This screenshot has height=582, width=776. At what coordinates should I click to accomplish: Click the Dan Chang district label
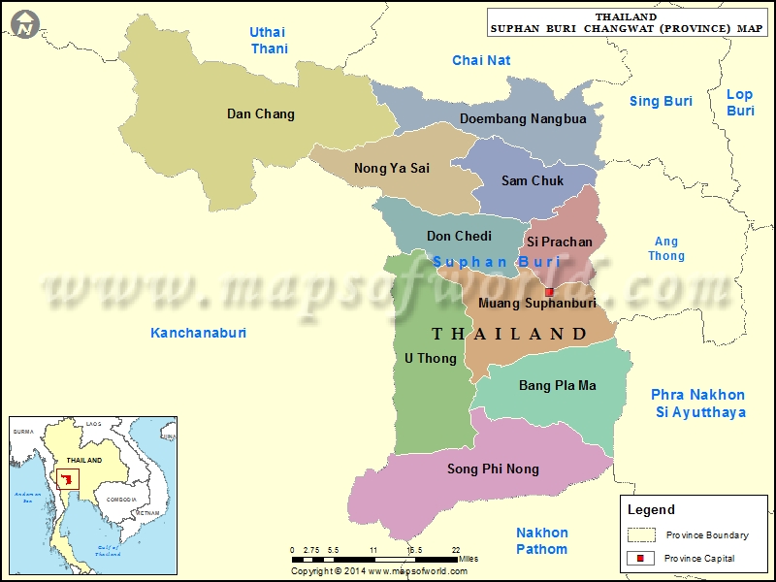coord(260,114)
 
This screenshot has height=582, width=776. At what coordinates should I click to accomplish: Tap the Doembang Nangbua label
coord(523,119)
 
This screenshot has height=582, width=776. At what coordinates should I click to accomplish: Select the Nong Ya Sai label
coord(392,169)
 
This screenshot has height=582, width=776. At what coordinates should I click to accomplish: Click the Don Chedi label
coord(459,236)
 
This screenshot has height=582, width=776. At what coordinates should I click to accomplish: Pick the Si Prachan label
coord(560,242)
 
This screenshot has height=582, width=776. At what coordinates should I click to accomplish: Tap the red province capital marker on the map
coord(549,291)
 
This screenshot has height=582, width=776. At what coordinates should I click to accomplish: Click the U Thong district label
coord(430,359)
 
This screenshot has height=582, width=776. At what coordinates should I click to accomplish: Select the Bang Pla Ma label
coord(558,386)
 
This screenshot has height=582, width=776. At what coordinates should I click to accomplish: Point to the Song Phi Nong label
coord(493,469)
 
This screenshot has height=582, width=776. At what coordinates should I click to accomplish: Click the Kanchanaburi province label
coord(199,333)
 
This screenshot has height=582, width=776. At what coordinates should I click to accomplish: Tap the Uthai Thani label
coord(269,41)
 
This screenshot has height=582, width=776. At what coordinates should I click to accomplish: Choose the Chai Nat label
coord(481,61)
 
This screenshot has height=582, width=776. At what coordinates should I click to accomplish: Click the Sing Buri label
coord(661,101)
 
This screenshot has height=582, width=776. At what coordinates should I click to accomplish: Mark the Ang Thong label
coord(666,249)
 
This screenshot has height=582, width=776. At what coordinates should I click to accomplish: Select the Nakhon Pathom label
coord(541,541)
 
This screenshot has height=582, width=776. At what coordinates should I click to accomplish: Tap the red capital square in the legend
coord(640,558)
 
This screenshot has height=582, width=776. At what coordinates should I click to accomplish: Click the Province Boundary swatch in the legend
coord(641,534)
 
